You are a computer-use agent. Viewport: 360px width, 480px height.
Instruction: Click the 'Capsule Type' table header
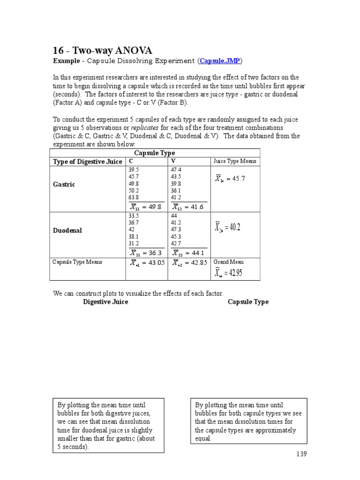pos(154,153)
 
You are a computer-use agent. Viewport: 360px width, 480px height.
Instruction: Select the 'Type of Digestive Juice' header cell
pos(88,162)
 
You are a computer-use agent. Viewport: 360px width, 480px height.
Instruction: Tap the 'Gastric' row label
pos(64,185)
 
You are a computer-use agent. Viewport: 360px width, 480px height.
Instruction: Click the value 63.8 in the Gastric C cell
pos(134,197)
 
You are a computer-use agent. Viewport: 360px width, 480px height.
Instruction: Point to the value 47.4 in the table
pos(176,170)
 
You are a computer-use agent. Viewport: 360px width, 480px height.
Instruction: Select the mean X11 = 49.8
pos(146,207)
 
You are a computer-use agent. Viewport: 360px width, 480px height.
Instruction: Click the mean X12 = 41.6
pos(188,207)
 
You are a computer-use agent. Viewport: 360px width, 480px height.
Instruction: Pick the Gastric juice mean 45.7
pos(230,179)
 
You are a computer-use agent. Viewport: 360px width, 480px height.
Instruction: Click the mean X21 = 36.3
pos(146,253)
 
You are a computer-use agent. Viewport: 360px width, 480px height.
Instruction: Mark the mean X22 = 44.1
pos(188,253)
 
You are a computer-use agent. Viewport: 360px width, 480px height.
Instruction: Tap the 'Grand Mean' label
pos(228,262)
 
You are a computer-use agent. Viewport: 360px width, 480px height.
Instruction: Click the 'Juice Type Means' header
pos(235,161)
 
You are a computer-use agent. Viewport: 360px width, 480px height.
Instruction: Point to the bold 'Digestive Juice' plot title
pos(105,302)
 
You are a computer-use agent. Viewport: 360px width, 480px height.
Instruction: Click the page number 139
pos(301,454)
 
